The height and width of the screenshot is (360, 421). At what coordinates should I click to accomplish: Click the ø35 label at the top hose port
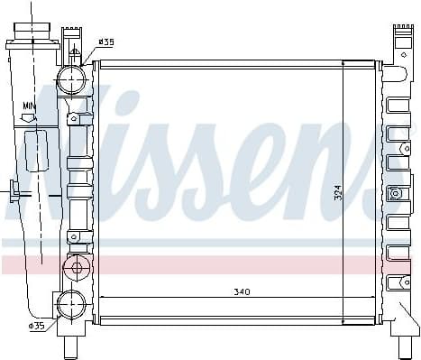tap(106, 42)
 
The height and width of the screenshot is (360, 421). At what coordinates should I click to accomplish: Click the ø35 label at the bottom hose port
tap(37, 326)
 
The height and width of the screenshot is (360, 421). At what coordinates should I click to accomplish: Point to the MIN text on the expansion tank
tap(30, 106)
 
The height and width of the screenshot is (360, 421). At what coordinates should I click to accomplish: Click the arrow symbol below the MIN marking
tap(29, 117)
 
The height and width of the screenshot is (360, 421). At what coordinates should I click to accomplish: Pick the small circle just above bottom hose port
tap(76, 267)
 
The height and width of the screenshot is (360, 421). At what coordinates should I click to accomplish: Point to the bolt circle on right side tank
tap(395, 193)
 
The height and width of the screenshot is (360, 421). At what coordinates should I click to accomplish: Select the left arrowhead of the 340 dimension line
tap(101, 297)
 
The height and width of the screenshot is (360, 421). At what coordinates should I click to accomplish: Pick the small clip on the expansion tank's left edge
tap(14, 190)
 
